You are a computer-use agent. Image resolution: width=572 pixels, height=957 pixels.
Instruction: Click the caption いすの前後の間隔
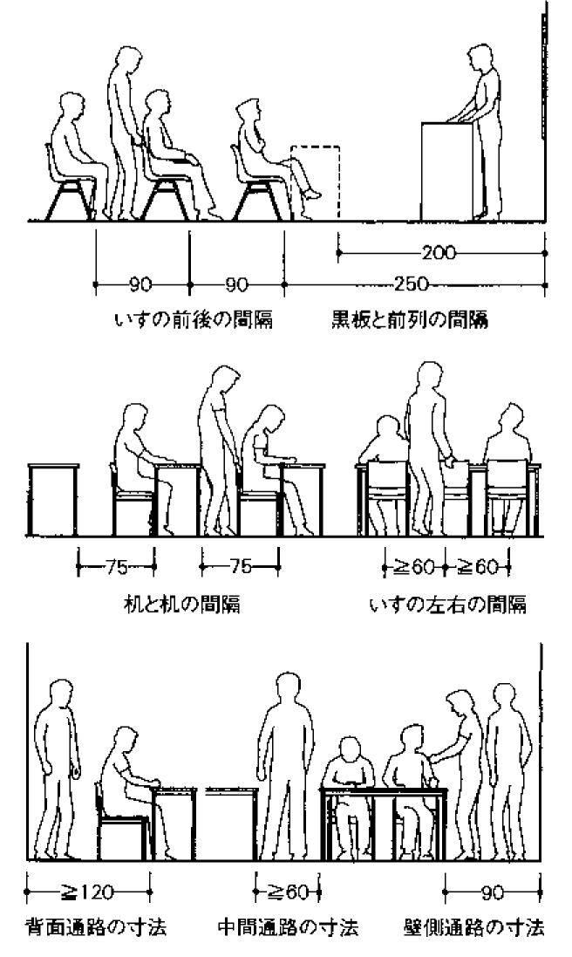coord(194,321)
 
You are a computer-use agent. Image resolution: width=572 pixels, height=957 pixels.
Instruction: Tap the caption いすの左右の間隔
coord(448,604)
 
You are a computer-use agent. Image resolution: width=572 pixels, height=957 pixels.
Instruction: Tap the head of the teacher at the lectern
coord(482,58)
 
